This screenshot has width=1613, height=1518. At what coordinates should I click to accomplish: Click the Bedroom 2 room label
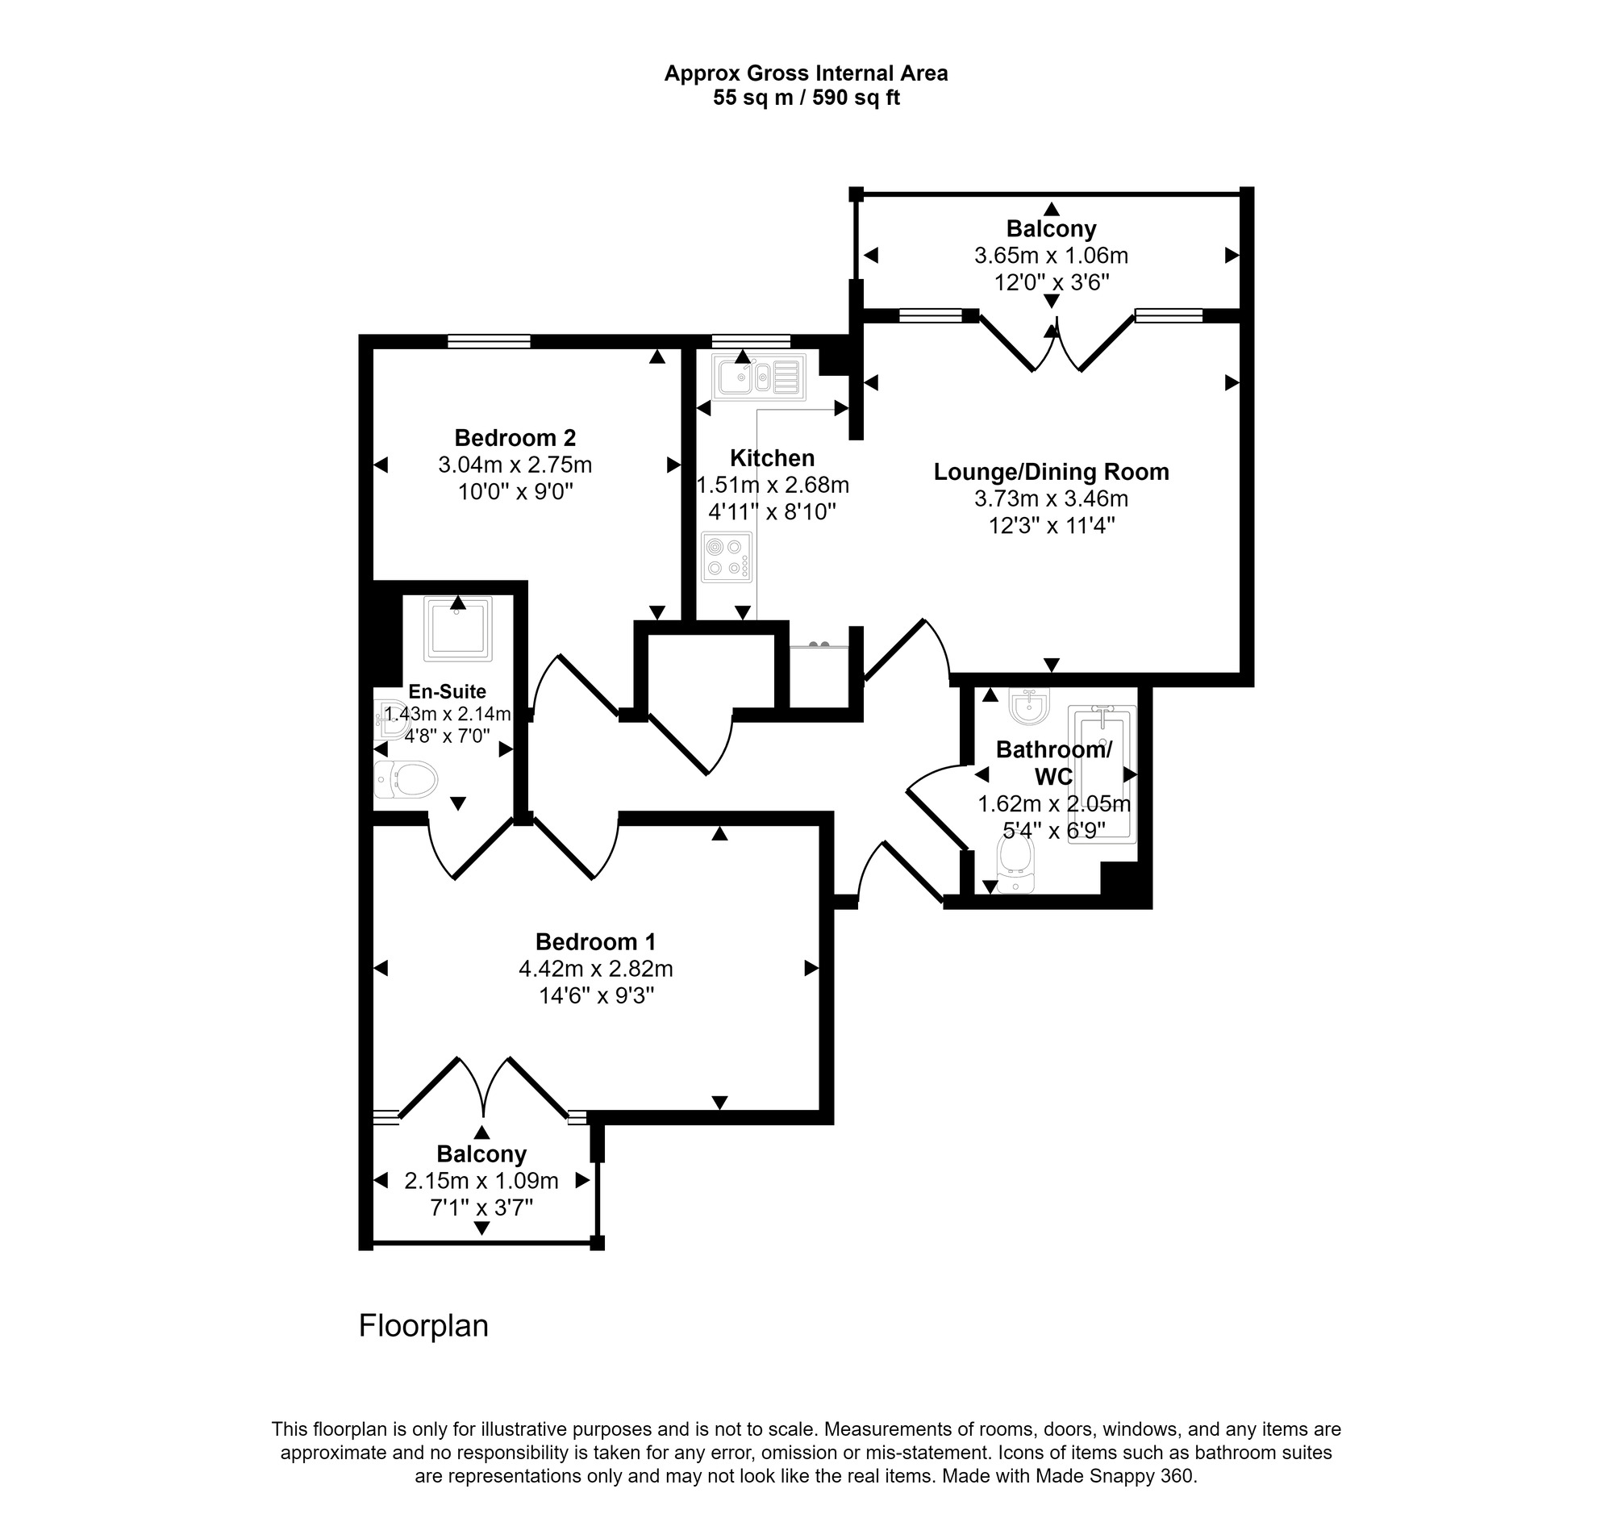point(515,438)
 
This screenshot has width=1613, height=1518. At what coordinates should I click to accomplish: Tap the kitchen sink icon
point(759,377)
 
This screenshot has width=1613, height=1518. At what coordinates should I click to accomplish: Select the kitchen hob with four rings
point(727,557)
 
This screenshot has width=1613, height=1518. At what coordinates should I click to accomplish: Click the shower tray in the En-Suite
point(457,628)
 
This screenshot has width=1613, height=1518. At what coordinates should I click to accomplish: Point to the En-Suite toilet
point(406,781)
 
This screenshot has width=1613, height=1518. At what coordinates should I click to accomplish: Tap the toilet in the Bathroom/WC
point(1017,864)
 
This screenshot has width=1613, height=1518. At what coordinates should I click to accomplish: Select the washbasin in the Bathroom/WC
point(1029,705)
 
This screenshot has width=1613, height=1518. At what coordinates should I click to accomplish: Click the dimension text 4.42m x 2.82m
point(595,969)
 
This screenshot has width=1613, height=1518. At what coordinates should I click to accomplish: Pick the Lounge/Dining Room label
point(1051,472)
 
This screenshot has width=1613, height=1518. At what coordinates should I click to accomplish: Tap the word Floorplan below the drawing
point(423,1326)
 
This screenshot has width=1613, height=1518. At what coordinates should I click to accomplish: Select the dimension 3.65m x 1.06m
point(1051,256)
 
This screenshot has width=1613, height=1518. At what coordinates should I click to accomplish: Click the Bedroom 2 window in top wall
point(490,341)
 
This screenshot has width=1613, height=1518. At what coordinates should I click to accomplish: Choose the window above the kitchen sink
point(751,341)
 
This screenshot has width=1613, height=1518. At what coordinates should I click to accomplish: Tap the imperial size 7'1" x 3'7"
point(481,1208)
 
